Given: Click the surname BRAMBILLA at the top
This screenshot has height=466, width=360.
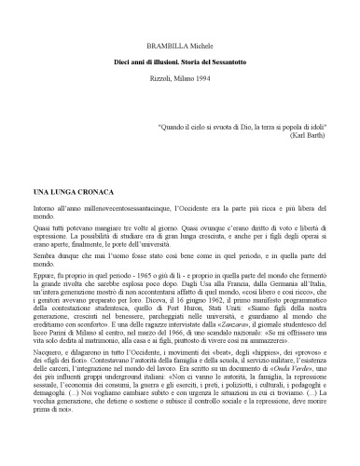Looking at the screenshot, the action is tap(166, 44).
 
